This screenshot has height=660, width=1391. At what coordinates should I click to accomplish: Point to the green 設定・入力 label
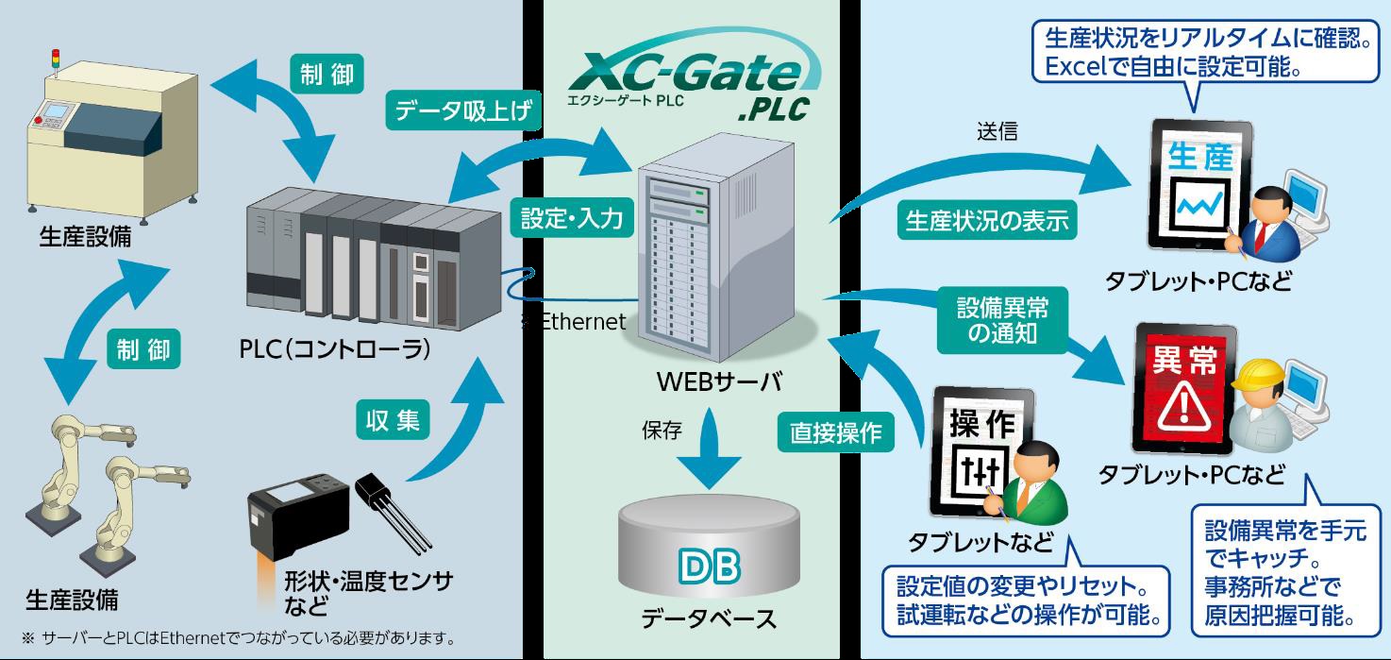click(572, 219)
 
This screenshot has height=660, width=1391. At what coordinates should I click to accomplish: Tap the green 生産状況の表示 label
click(987, 220)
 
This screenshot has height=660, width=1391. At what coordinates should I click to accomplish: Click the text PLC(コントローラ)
click(335, 348)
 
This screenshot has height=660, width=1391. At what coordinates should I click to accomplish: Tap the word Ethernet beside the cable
click(582, 322)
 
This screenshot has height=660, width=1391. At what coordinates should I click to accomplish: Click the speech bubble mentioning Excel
click(1199, 53)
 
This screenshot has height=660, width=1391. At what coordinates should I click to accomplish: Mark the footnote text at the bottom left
click(236, 636)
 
